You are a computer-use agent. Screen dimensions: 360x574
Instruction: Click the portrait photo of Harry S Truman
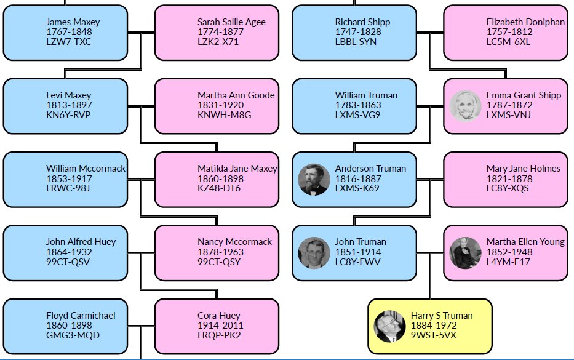point(389,326)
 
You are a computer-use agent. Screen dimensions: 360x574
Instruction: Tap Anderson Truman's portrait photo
point(314,179)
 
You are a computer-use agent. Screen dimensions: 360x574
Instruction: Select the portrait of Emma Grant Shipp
point(465,105)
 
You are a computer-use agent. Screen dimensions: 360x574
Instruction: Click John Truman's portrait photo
point(314,252)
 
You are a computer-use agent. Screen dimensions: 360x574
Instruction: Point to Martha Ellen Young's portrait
point(465,252)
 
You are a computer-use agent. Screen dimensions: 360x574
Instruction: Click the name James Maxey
point(73,22)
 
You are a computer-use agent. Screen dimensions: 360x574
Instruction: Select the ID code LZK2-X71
point(218,42)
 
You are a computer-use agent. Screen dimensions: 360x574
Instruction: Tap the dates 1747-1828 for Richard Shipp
point(358,32)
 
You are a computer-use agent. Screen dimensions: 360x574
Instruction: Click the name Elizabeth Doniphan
point(525,22)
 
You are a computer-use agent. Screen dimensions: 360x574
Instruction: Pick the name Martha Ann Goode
point(236,95)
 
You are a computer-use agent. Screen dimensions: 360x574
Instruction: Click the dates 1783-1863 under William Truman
point(358,105)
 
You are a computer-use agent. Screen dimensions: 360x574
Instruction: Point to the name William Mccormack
point(86,169)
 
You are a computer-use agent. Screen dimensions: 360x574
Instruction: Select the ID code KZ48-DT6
point(219,188)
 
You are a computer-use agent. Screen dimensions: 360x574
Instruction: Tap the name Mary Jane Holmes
point(523,169)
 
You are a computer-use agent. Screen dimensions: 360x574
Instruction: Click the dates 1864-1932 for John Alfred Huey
point(69,252)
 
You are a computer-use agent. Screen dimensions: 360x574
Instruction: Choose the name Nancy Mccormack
point(234,242)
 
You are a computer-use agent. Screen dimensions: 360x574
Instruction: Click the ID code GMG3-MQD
point(73,335)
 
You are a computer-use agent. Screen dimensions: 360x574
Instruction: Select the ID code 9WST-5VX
point(434,335)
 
